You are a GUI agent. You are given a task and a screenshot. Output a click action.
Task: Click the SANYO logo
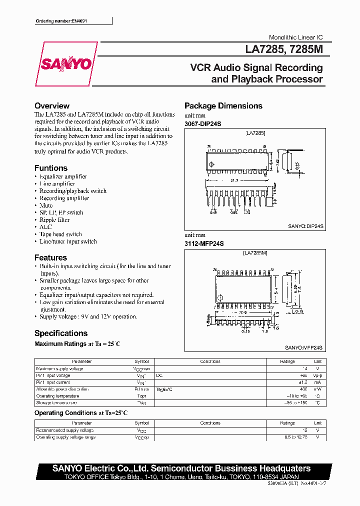pyautogui.click(x=66, y=64)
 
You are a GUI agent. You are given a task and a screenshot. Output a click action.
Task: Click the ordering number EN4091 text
pyautogui.click(x=65, y=21)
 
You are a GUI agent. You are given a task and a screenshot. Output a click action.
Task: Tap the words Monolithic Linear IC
pyautogui.click(x=295, y=37)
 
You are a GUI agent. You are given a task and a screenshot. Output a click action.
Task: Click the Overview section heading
pyautogui.click(x=51, y=106)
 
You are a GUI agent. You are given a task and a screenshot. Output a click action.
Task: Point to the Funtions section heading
pyautogui.click(x=50, y=168)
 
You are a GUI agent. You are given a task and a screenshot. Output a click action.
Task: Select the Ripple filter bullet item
pyautogui.click(x=54, y=219)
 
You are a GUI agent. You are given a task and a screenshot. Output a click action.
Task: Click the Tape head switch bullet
pyautogui.click(x=60, y=234)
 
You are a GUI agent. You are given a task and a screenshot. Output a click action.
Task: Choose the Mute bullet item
pyautogui.click(x=46, y=205)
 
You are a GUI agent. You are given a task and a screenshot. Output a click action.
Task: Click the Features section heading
pyautogui.click(x=50, y=257)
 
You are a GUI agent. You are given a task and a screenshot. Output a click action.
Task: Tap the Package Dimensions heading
pyautogui.click(x=223, y=106)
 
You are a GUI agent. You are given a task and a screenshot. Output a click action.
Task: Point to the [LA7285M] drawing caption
pyautogui.click(x=255, y=253)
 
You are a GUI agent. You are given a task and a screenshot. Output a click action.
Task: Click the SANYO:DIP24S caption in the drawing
pyautogui.click(x=305, y=226)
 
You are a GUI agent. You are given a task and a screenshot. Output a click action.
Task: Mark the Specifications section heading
pyautogui.click(x=60, y=333)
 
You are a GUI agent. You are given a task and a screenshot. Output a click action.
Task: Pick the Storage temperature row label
pyautogui.click(x=56, y=402)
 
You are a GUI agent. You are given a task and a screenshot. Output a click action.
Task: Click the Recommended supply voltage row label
pyautogui.click(x=64, y=430)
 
